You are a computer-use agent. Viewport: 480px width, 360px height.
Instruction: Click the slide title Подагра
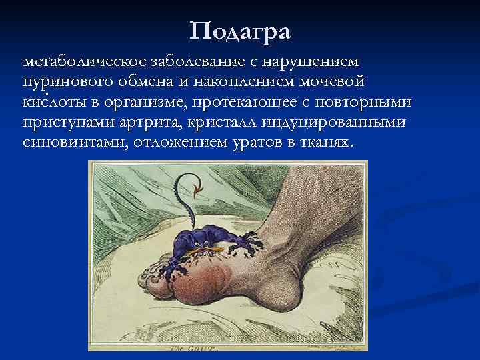pyautogui.click(x=240, y=31)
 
